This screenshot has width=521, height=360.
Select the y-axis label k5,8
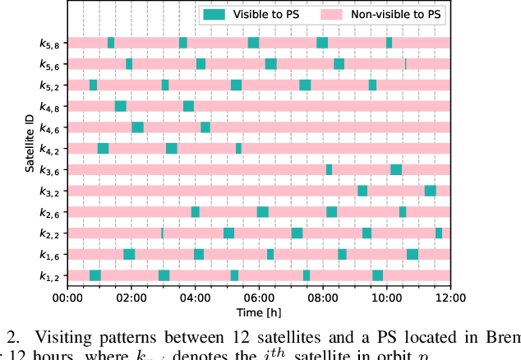click(50, 43)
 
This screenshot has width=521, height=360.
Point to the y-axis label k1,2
click(50, 276)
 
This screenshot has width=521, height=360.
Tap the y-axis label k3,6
click(50, 170)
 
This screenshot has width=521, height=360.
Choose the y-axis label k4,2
click(50, 149)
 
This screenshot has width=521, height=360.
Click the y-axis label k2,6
click(50, 213)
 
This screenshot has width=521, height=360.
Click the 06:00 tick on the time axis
click(259, 298)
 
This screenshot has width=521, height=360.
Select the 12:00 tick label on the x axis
click(450, 298)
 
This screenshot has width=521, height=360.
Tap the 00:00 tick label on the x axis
click(67, 298)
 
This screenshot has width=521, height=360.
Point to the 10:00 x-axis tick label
click(386, 298)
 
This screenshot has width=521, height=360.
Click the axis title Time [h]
click(258, 313)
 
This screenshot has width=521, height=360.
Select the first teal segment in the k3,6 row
click(329, 169)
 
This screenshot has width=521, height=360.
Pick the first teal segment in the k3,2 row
click(362, 191)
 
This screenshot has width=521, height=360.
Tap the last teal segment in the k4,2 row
click(238, 148)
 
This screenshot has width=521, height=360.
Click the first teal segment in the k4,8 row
click(121, 106)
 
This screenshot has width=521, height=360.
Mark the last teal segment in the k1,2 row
click(377, 275)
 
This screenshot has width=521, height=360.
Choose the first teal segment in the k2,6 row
click(196, 212)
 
